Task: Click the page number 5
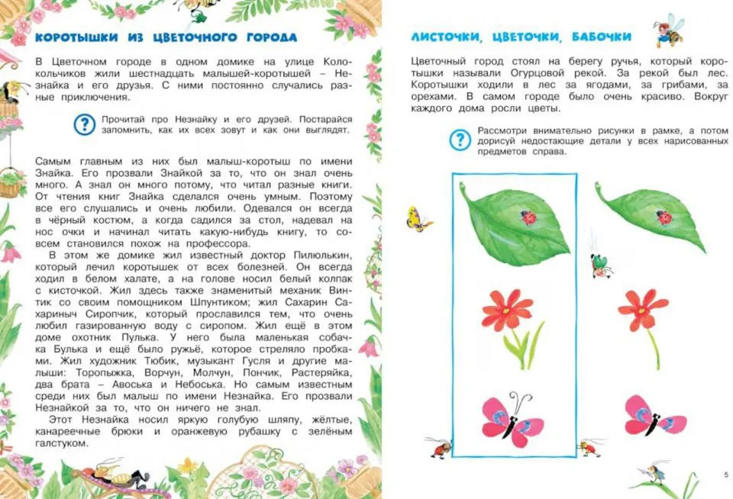pyautogui.click(x=725, y=475)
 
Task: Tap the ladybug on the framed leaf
pyautogui.click(x=528, y=217)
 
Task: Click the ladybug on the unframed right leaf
pyautogui.click(x=664, y=217)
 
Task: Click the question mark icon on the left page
pyautogui.click(x=84, y=124)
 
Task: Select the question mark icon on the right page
pyautogui.click(x=459, y=140)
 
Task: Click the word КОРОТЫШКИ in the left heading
pyautogui.click(x=73, y=37)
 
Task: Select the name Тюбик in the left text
pyautogui.click(x=160, y=360)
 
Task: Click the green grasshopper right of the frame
pyautogui.click(x=599, y=264)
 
